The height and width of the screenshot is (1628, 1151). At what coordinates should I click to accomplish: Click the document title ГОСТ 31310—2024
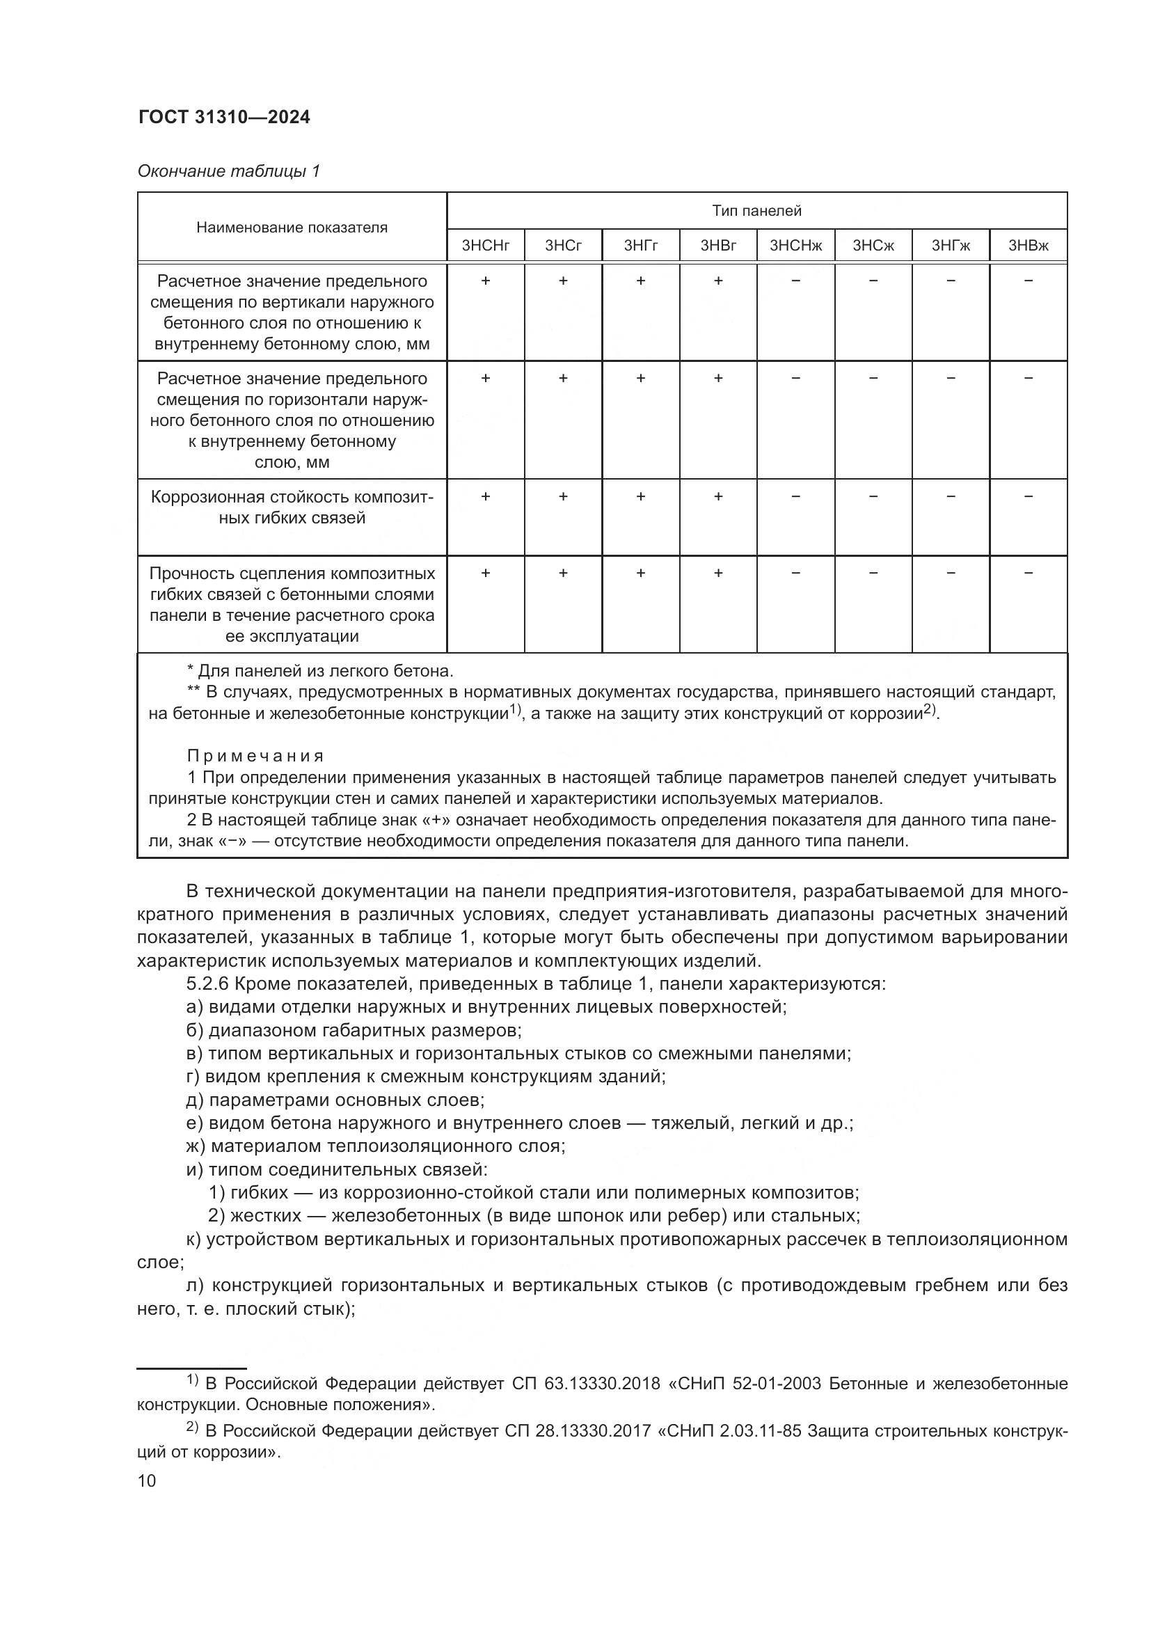pyautogui.click(x=224, y=118)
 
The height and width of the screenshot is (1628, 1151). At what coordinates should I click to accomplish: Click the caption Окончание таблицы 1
pyautogui.click(x=228, y=171)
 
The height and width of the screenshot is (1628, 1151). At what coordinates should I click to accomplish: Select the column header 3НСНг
pyautogui.click(x=486, y=246)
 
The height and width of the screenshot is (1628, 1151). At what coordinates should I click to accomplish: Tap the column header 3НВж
pyautogui.click(x=1028, y=246)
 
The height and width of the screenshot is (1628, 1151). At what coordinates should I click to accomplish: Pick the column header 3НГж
pyautogui.click(x=951, y=246)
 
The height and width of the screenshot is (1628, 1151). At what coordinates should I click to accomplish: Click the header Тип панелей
pyautogui.click(x=756, y=211)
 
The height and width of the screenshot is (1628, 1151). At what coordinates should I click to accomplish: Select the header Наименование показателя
pyautogui.click(x=292, y=228)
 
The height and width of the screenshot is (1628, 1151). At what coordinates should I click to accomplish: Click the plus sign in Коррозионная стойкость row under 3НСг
pyautogui.click(x=563, y=497)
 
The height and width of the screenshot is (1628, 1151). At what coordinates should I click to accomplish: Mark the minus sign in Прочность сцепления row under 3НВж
pyautogui.click(x=1029, y=573)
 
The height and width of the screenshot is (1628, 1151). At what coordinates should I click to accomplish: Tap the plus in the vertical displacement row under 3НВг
pyautogui.click(x=718, y=280)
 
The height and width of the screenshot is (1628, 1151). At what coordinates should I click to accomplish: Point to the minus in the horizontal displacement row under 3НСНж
pyautogui.click(x=795, y=379)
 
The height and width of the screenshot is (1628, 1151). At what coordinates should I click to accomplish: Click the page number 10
pyautogui.click(x=147, y=1480)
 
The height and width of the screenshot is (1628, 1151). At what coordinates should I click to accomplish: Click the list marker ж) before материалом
pyautogui.click(x=196, y=1146)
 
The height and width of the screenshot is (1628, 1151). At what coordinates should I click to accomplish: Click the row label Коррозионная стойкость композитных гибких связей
pyautogui.click(x=292, y=507)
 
